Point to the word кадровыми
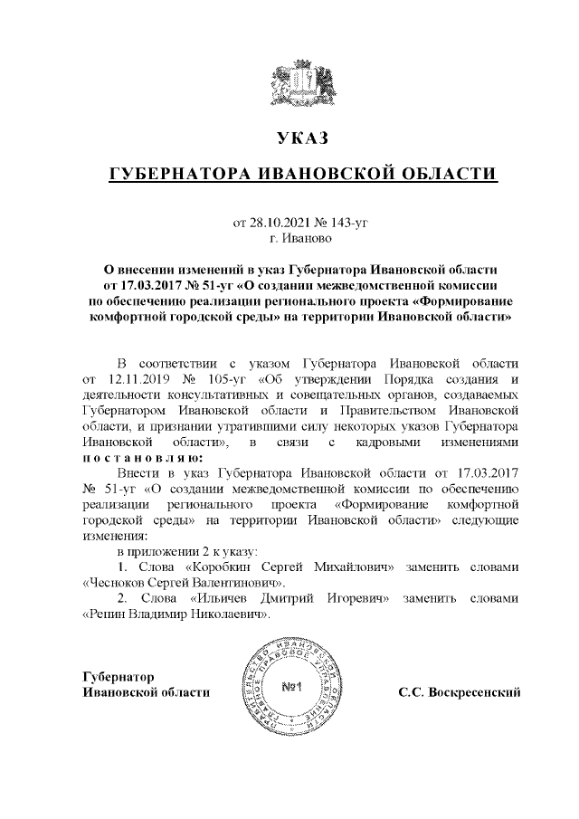(x=402, y=443)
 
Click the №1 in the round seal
(x=291, y=689)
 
